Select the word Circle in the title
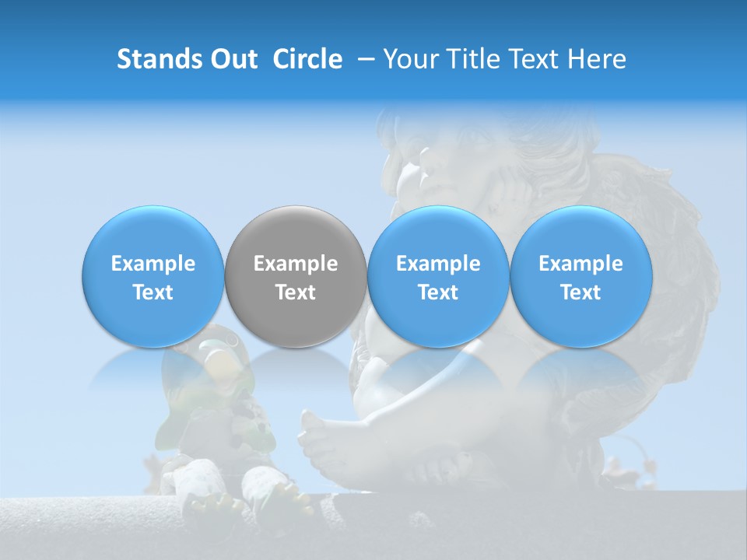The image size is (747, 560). click(x=307, y=59)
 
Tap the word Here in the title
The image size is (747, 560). click(x=598, y=59)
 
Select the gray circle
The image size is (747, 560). click(x=296, y=277)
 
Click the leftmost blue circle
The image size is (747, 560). click(x=153, y=277)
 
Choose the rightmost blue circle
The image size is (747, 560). click(x=580, y=277)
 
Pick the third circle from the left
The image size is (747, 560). click(x=438, y=277)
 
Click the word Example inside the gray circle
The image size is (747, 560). click(x=296, y=264)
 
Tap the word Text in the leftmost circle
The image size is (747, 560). click(x=153, y=292)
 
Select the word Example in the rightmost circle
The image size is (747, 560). click(x=580, y=264)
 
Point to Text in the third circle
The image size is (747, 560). click(x=438, y=292)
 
